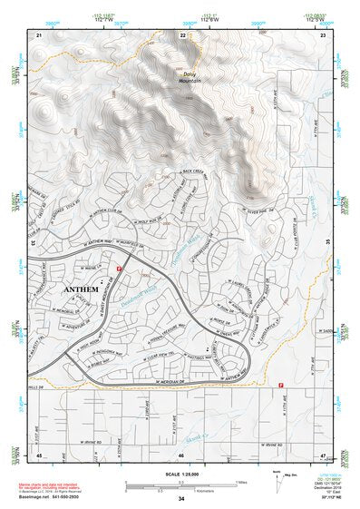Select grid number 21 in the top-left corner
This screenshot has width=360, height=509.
point(39,34)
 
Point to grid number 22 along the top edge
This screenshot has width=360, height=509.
point(182,34)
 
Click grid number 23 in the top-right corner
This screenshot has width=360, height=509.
point(324,34)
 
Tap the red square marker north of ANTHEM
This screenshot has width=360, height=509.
point(119,269)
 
